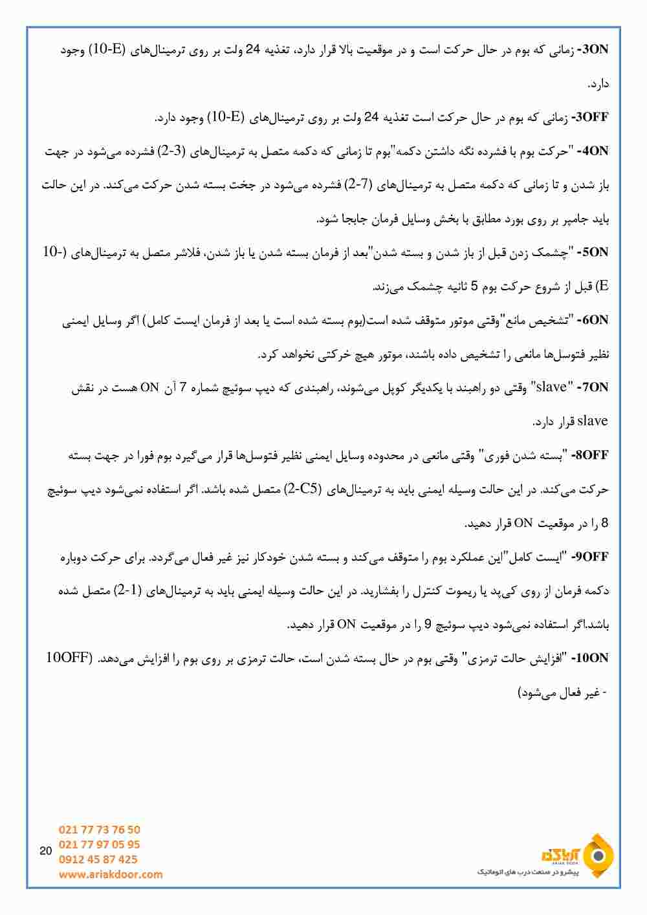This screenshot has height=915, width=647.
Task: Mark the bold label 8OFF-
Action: click(589, 455)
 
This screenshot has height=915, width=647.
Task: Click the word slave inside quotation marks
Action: click(551, 388)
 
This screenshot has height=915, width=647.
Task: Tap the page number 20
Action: click(45, 851)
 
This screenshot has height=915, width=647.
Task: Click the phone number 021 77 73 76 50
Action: click(99, 830)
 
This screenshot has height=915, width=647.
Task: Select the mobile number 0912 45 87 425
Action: click(98, 859)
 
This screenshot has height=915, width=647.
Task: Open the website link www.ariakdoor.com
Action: click(111, 874)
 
